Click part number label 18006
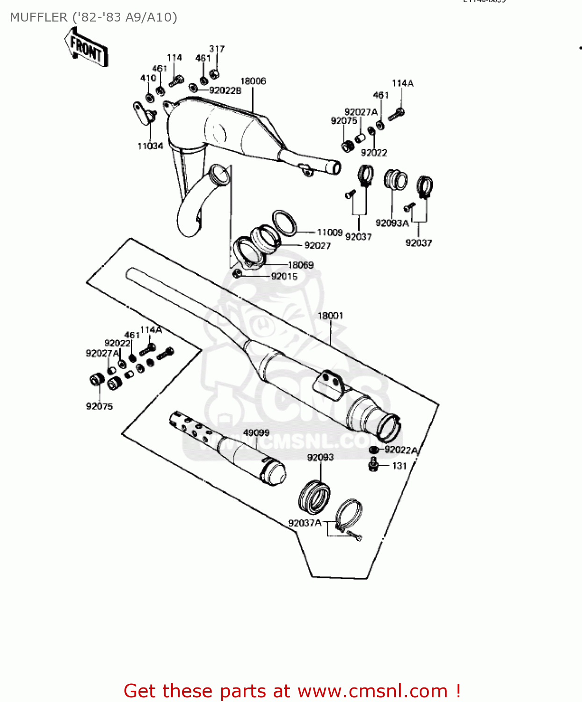coord(253,81)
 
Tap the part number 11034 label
coord(150,146)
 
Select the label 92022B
coord(225,91)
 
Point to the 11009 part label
coord(330,232)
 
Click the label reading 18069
coord(300,265)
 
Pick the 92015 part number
coord(284,277)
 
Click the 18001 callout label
coord(330,315)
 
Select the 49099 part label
coord(256,433)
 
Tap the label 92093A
coord(392,223)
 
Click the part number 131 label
coord(399,466)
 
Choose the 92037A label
coord(305,523)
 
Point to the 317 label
coord(217,49)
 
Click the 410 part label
coord(148,78)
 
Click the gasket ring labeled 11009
coord(284,223)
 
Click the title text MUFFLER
coord(38,17)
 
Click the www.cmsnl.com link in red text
coord(373,691)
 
